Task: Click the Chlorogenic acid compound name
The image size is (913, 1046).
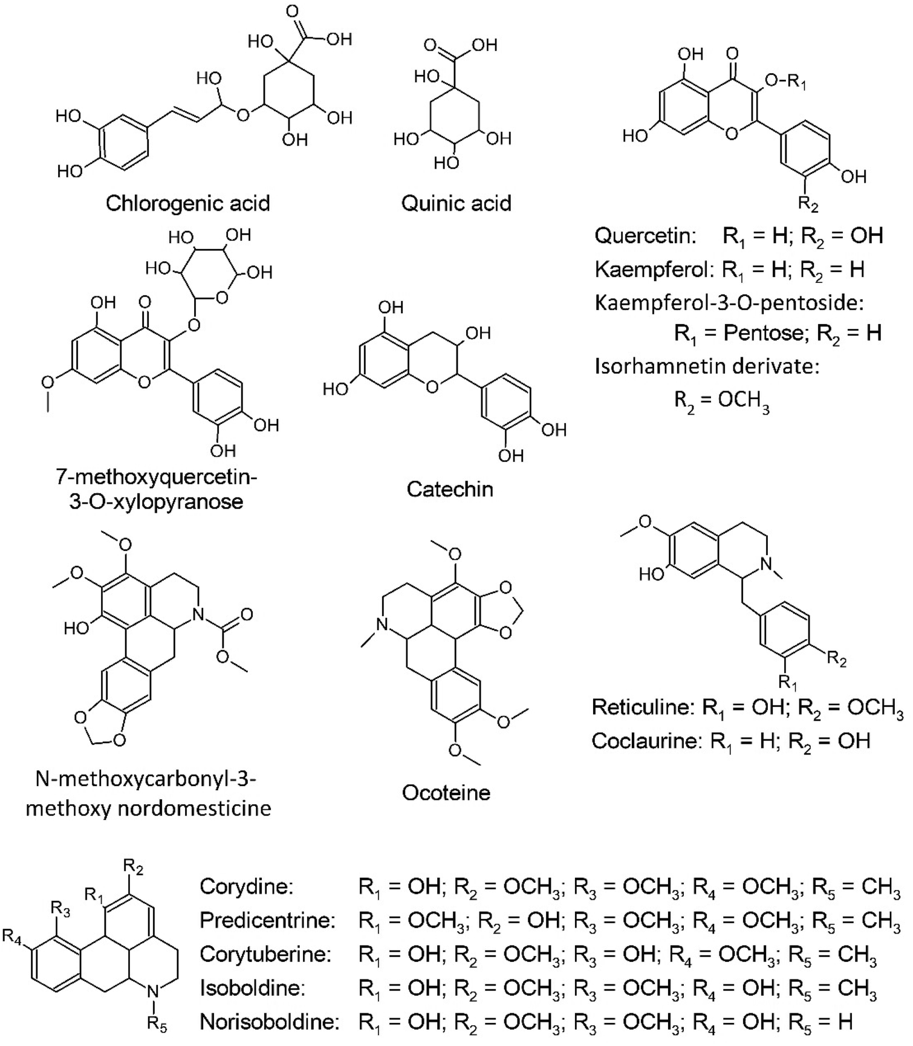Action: click(x=187, y=203)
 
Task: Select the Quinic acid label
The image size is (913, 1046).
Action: click(x=457, y=203)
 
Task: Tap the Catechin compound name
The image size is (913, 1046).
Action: click(x=450, y=489)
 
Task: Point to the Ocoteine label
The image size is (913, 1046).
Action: click(x=446, y=792)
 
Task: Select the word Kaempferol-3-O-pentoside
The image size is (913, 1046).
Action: click(x=729, y=302)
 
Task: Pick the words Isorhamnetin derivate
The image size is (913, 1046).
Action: click(x=707, y=366)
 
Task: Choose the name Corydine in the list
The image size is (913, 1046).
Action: click(x=246, y=886)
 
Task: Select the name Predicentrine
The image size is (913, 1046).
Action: click(x=267, y=920)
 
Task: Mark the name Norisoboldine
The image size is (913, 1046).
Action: click(x=269, y=1021)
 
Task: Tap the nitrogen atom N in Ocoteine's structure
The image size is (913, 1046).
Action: click(x=380, y=623)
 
